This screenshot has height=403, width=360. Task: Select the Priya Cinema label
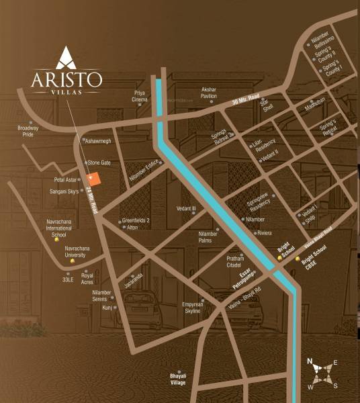tap(140, 96)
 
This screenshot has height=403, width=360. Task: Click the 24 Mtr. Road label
tap(91, 199)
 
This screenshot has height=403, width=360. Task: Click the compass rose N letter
tap(310, 361)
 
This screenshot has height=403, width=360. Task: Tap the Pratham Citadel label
tap(238, 260)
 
